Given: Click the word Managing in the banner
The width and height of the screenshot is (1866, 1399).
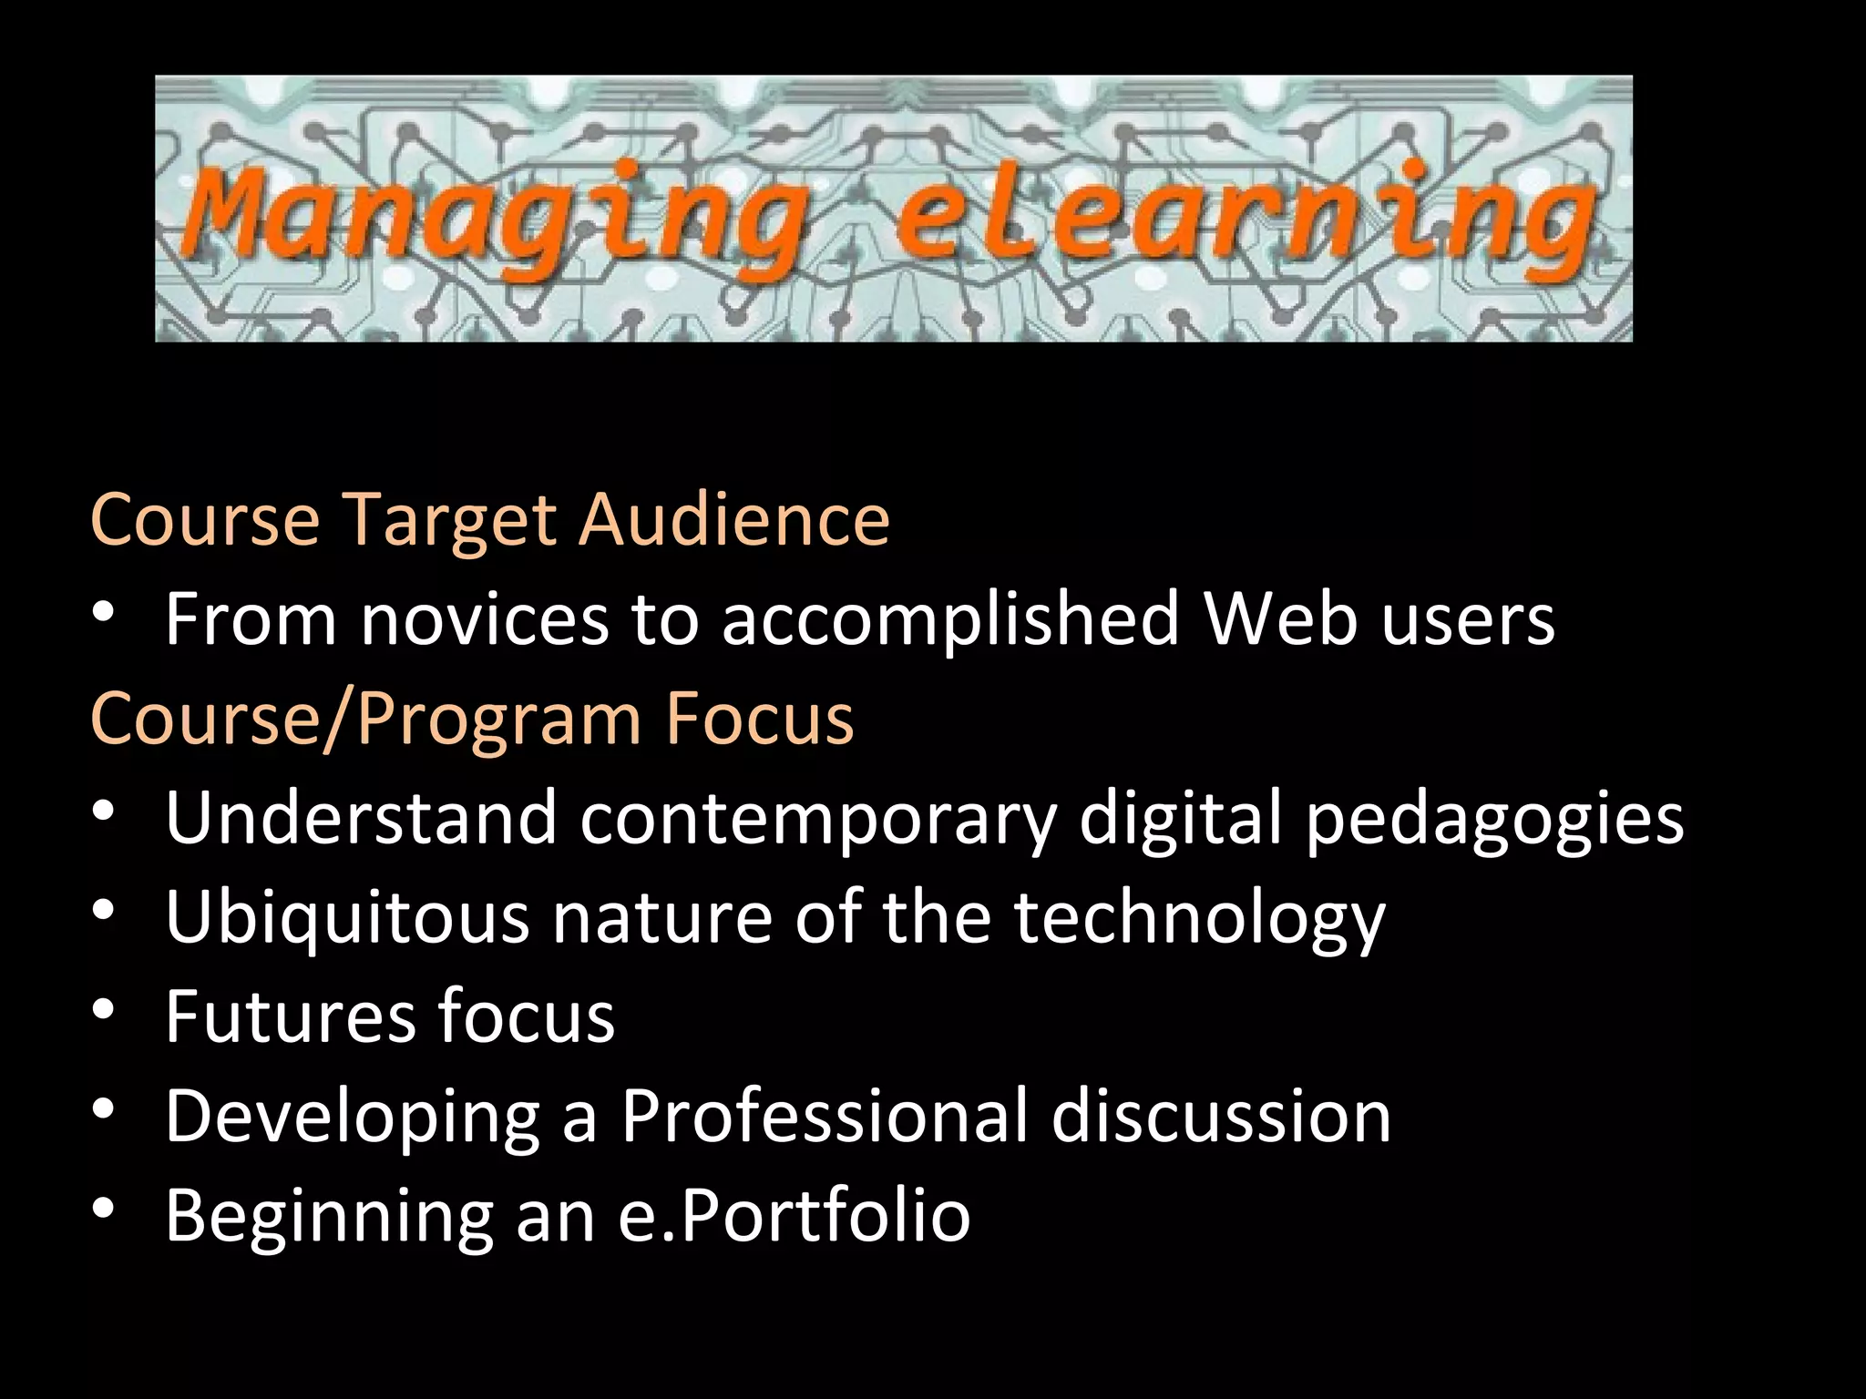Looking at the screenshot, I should pos(497,217).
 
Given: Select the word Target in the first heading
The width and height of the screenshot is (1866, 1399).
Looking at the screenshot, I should pos(450,520).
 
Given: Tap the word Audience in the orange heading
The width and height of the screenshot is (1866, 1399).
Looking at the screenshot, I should pos(735,520).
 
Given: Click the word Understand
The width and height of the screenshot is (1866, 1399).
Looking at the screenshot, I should pos(361,817).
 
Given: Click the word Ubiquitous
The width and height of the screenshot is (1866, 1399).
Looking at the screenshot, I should pos(347,918).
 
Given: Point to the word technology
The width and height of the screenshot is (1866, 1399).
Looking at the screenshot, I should pos(1200,918).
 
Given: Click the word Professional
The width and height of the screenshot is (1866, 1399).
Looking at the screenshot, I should pos(824,1116).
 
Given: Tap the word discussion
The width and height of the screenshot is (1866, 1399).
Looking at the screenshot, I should pos(1221,1116).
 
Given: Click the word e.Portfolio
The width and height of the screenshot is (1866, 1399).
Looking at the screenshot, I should pos(794,1216).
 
